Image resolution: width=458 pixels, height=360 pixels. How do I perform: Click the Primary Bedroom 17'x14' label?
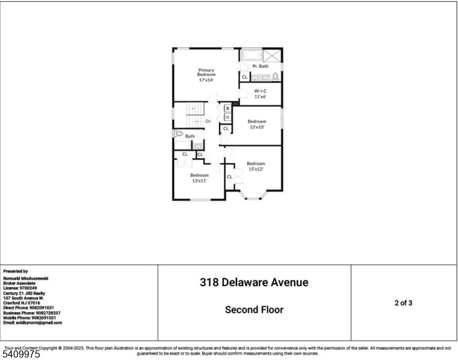(206, 74)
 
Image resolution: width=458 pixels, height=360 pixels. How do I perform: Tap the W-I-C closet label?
(260, 93)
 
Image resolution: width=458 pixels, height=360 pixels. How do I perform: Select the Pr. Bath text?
(260, 66)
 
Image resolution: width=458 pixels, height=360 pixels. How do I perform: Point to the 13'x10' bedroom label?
(256, 124)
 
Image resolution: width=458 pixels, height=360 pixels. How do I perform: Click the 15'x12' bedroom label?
(256, 166)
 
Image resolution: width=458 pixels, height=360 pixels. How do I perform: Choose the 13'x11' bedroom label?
(200, 178)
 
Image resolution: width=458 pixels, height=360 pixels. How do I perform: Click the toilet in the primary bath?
(276, 77)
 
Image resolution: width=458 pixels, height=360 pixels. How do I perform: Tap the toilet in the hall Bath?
(178, 134)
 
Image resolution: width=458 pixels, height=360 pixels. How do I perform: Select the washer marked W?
(227, 109)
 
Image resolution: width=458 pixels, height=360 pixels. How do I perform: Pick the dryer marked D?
(227, 116)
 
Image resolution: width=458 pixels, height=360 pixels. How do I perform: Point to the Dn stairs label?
(208, 122)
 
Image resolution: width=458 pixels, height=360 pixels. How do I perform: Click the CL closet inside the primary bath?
(244, 77)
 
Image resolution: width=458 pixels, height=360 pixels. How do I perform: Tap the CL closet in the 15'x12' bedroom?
(230, 177)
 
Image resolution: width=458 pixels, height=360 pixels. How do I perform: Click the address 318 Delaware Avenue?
(254, 282)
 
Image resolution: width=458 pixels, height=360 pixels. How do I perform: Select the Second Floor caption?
(254, 310)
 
